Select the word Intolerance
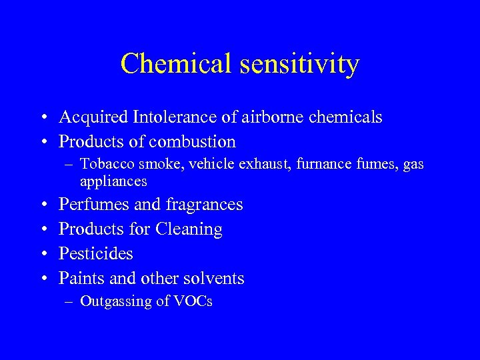coord(169,117)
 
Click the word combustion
coord(193,142)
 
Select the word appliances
coord(113,181)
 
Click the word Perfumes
coord(90,204)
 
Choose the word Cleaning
coord(189,229)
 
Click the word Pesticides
coord(96,253)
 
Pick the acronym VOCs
coord(193,301)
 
